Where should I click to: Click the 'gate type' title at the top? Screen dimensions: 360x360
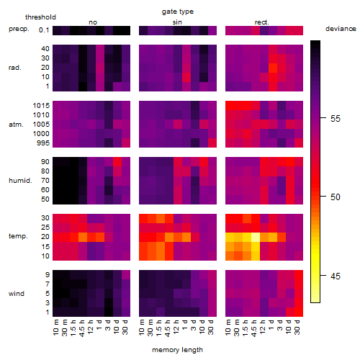[x=178, y=12]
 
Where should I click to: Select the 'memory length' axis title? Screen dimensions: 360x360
[x=177, y=350]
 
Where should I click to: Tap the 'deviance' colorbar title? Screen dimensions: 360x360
[x=341, y=29]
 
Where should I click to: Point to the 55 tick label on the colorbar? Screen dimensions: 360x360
[x=336, y=118]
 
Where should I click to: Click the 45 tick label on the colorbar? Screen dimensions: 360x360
[x=336, y=276]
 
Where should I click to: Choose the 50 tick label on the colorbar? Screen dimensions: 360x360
[x=336, y=197]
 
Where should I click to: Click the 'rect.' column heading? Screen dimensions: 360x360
[x=262, y=22]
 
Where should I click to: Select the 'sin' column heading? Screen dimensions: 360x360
[x=177, y=22]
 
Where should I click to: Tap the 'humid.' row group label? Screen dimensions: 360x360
[x=20, y=181]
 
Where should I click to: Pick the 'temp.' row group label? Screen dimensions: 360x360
[x=18, y=236]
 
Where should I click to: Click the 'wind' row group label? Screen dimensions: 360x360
[x=17, y=294]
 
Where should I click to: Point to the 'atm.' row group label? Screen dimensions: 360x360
[x=16, y=125]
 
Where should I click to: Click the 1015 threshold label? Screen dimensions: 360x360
[x=41, y=106]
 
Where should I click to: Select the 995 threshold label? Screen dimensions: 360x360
[x=43, y=143]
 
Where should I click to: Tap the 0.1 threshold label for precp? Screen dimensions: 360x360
[x=44, y=30]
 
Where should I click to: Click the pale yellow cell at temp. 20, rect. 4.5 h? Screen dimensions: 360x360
[x=256, y=237]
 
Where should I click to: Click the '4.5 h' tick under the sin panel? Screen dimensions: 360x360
[x=168, y=328]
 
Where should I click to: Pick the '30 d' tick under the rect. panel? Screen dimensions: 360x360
[x=297, y=327]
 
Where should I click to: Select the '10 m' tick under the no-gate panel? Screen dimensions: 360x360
[x=55, y=328]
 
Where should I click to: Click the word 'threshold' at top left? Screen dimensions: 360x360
[x=40, y=17]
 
